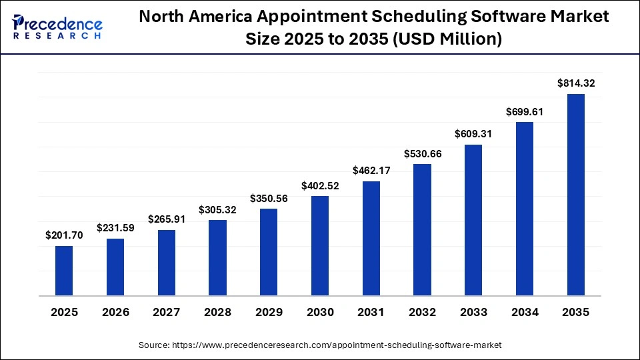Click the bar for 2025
[x=64, y=271]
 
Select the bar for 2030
[x=320, y=245]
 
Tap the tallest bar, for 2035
[x=576, y=195]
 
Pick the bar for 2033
[x=473, y=220]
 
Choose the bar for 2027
[x=167, y=263]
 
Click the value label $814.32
[x=576, y=84]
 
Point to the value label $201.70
[x=64, y=235]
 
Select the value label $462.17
[x=371, y=171]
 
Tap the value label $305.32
[x=217, y=210]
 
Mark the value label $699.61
[x=525, y=112]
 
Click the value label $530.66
[x=423, y=154]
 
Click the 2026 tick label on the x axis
[x=115, y=312]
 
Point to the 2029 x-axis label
[x=269, y=312]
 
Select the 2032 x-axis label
[x=423, y=312]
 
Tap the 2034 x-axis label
[x=525, y=312]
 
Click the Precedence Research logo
[x=57, y=27]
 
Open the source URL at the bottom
[x=320, y=345]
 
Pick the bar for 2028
[x=217, y=257]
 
